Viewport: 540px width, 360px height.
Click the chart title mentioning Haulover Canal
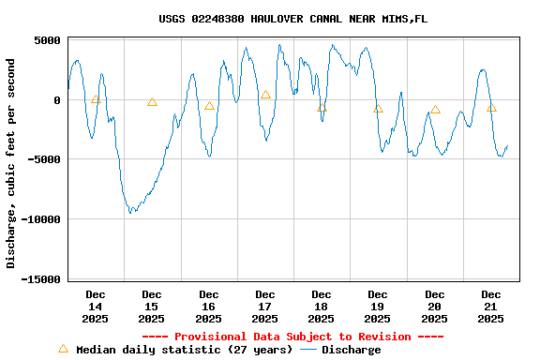(x=292, y=19)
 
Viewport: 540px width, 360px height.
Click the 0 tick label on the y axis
(x=56, y=100)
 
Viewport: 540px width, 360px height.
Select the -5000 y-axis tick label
(x=42, y=159)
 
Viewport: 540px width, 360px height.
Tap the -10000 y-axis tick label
(x=38, y=219)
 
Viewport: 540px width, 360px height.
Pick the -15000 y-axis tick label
(x=38, y=278)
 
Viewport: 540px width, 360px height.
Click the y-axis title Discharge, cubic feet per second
(x=11, y=163)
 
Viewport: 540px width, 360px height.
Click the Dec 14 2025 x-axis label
(x=96, y=307)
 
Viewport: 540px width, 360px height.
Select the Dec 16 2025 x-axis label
(x=208, y=307)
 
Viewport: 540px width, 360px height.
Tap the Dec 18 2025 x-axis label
(x=322, y=307)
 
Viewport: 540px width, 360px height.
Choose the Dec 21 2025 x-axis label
(x=491, y=307)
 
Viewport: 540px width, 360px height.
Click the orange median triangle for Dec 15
(x=152, y=101)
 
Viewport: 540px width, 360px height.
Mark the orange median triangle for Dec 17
(x=265, y=95)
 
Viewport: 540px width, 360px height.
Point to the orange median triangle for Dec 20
(x=435, y=109)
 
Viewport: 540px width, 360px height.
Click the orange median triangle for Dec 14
(x=96, y=98)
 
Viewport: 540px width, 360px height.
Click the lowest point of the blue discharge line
(x=131, y=213)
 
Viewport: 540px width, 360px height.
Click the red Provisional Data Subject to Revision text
(x=292, y=337)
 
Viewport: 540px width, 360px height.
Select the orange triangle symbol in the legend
(x=63, y=349)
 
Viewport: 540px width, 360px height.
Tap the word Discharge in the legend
(x=351, y=350)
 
